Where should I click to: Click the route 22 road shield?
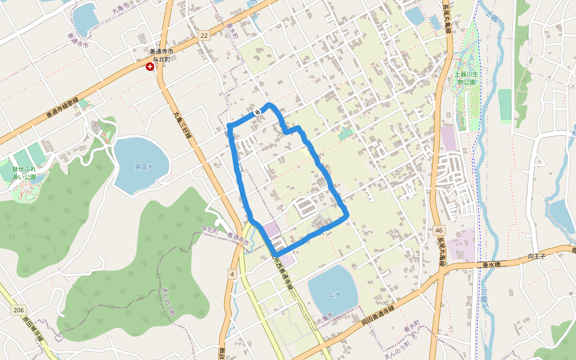205,36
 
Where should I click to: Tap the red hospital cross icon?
149,67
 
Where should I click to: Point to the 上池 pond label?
334,294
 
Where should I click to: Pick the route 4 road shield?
231,274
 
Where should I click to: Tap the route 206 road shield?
19,309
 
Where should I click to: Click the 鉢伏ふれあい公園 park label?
25,173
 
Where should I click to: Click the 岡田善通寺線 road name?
377,314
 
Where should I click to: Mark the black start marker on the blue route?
257,112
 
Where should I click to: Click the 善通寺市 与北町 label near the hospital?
161,56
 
